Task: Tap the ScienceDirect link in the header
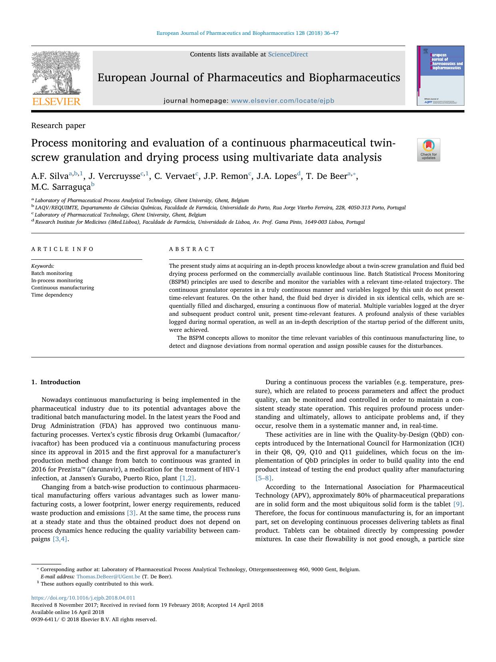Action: tap(288, 54)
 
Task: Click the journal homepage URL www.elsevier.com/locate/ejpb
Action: tap(282, 101)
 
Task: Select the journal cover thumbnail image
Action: tap(440, 76)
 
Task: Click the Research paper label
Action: tap(58, 126)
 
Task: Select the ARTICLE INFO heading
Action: tap(63, 249)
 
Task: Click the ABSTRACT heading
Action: tap(192, 249)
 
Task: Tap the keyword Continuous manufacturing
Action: tap(63, 288)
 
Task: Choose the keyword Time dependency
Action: tap(52, 295)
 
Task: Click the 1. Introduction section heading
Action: tap(56, 382)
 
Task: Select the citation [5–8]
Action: tap(264, 478)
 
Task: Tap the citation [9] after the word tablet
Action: tap(458, 504)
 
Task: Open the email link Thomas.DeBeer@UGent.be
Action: tap(108, 577)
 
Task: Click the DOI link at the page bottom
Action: tap(83, 598)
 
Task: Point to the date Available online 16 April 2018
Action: tap(68, 612)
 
